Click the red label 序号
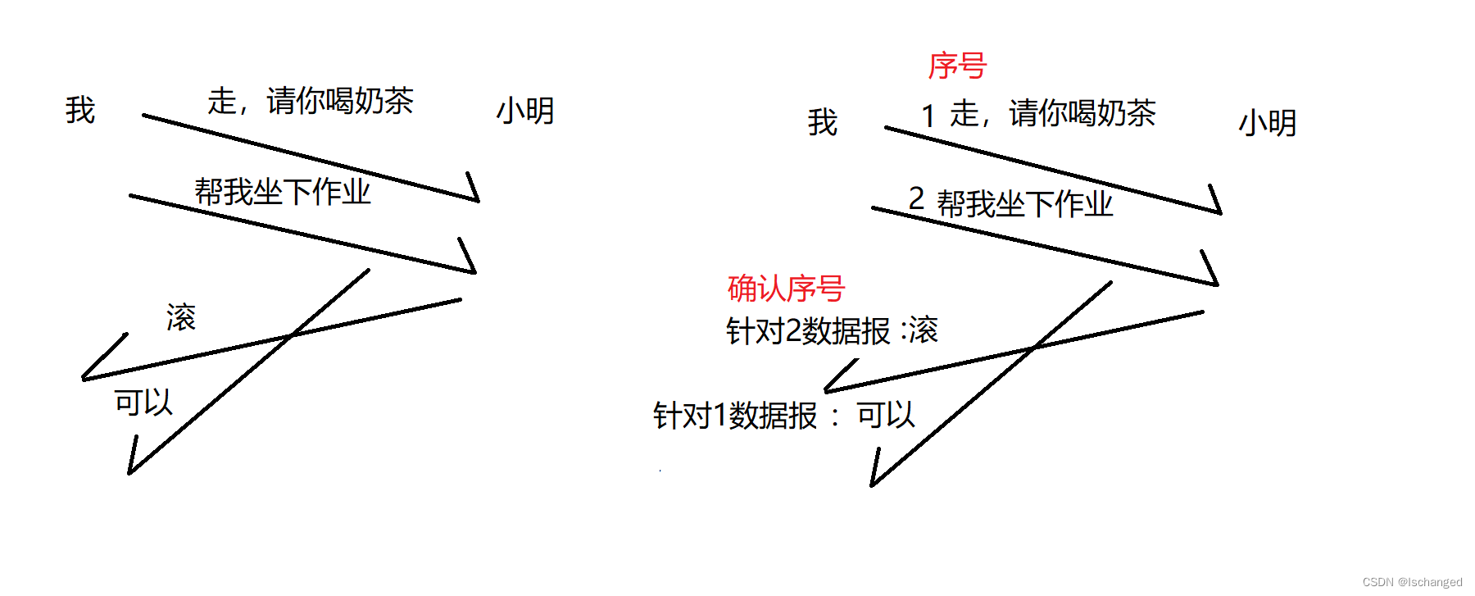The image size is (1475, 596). pos(956,66)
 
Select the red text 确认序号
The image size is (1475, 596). pos(785,289)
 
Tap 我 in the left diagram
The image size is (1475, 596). pos(80,110)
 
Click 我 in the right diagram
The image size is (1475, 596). pos(822,122)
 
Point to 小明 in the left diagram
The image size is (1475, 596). pos(525,111)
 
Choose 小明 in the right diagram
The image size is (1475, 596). pos(1267,123)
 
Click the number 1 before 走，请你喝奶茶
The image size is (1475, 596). pos(928,116)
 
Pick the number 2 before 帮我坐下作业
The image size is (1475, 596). pos(916,198)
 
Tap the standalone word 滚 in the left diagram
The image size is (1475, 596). pos(181,317)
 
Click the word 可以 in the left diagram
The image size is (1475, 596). pos(143,403)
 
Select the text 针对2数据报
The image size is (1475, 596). pos(808,331)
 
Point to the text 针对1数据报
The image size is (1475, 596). pos(735,416)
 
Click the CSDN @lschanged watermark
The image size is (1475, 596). pos(1412,582)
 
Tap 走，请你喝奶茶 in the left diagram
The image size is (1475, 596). pos(311,101)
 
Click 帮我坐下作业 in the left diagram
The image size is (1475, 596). pos(283,192)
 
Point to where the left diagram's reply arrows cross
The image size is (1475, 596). pos(291,335)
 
